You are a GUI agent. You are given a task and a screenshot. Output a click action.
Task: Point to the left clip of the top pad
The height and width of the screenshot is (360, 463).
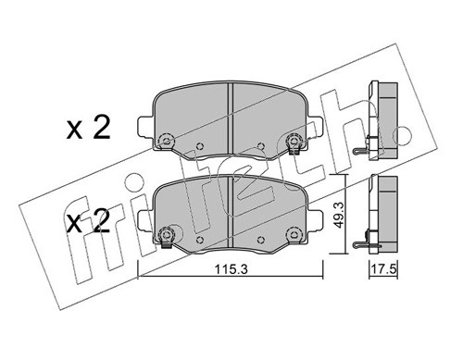pos(167,142)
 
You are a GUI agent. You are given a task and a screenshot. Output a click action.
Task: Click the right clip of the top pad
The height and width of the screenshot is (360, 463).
pos(294,142)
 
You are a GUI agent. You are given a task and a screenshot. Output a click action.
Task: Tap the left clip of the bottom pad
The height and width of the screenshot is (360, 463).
pos(167,234)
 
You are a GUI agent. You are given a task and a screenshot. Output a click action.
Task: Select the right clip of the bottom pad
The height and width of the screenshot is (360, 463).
pos(294,234)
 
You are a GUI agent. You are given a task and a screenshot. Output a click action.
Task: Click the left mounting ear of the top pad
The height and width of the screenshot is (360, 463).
pos(143,124)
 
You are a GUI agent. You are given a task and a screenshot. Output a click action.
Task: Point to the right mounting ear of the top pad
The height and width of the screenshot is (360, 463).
pos(318,124)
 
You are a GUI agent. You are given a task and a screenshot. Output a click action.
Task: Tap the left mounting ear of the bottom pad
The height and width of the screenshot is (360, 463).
pos(143,220)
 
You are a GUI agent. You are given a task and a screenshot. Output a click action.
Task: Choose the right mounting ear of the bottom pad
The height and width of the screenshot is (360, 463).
pos(318,220)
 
